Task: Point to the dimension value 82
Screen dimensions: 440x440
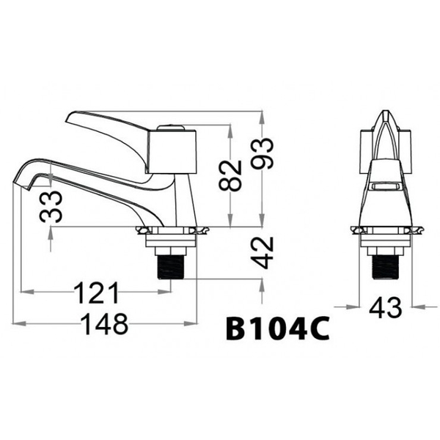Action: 231,175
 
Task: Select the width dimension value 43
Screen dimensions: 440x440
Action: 384,308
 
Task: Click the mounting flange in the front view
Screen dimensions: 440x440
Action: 384,232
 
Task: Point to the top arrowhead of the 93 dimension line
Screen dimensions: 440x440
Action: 263,114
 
